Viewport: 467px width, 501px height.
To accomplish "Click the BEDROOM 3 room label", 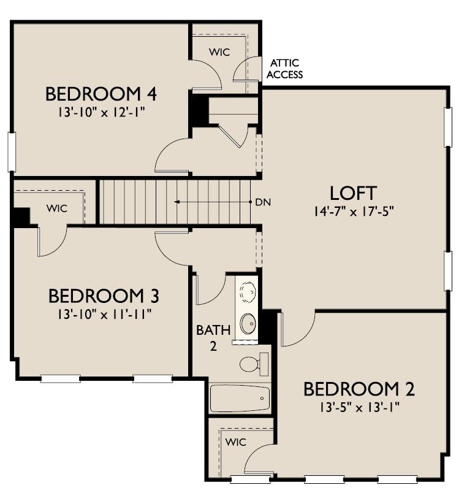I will [x=104, y=296].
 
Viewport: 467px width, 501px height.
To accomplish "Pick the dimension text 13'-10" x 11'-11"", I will [x=104, y=314].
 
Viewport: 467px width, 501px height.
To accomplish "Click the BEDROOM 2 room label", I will [x=359, y=389].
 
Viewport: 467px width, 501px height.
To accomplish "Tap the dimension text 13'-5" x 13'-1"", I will [x=359, y=407].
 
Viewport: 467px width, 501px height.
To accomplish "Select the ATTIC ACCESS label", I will [x=286, y=69].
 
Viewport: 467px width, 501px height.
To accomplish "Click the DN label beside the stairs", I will [x=263, y=202].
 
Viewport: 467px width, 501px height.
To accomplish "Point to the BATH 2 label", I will [x=213, y=337].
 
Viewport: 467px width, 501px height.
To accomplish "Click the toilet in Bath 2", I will [x=253, y=364].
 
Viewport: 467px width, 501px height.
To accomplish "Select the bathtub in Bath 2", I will [x=239, y=399].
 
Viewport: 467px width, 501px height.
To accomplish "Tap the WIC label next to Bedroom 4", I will [x=219, y=52].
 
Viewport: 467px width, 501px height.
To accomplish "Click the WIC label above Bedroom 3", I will [x=56, y=208].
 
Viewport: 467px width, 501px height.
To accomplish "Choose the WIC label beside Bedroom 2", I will [x=235, y=442].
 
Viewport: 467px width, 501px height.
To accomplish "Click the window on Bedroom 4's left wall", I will [x=10, y=151].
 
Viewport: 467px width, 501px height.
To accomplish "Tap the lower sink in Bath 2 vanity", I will [x=247, y=323].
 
